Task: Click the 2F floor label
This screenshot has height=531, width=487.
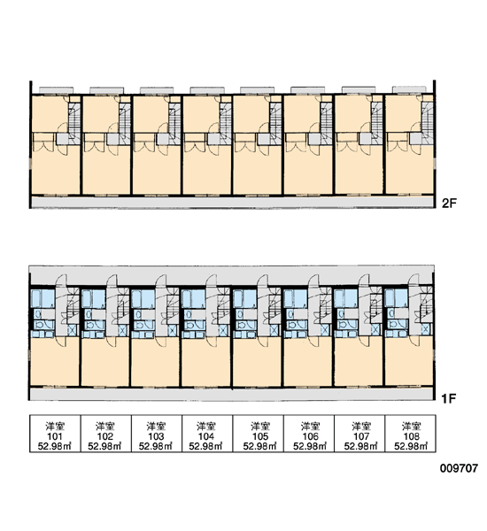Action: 450,204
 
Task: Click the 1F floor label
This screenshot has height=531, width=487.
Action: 449,398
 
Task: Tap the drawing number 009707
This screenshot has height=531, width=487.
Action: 459,468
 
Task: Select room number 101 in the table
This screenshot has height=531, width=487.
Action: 55,436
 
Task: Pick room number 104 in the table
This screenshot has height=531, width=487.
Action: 206,436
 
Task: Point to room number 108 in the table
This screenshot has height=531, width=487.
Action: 412,436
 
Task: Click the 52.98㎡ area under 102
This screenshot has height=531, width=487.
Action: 104,446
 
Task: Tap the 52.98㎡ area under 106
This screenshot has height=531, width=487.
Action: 310,446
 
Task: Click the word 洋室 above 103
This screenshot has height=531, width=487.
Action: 156,426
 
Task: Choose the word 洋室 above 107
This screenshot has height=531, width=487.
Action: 361,426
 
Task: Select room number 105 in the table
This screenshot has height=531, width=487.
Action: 260,436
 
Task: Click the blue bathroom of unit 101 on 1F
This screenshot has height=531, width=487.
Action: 43,298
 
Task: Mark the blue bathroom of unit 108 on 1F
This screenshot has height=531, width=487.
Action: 397,298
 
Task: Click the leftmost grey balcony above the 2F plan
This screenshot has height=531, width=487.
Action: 57,90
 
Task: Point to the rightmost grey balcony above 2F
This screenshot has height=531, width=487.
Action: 409,89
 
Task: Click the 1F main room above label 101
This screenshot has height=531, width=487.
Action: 55,362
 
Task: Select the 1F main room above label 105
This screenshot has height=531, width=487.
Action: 257,362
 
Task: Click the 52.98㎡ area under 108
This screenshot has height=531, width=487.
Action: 411,446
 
